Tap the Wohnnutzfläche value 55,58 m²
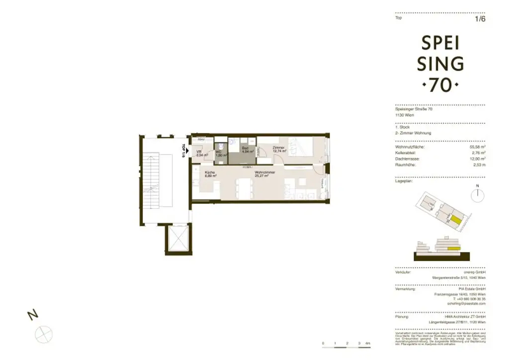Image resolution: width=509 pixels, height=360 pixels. click(x=477, y=147)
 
